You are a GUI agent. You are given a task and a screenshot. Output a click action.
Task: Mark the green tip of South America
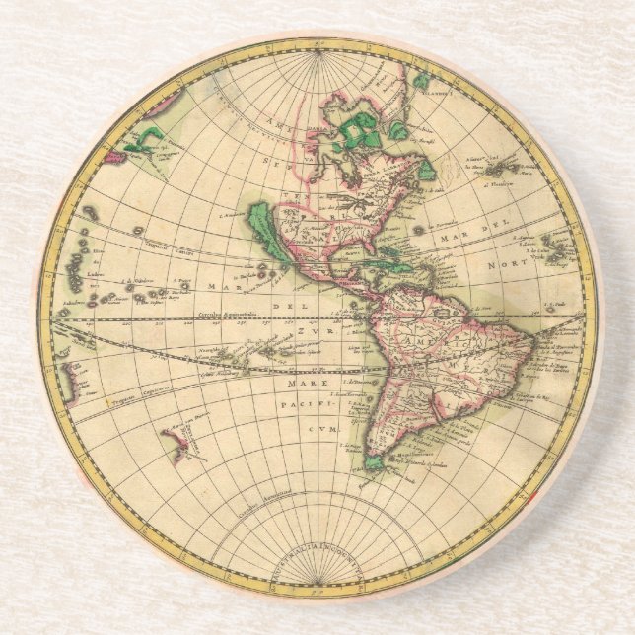375,459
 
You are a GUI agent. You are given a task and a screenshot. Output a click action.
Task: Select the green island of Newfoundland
427,170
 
